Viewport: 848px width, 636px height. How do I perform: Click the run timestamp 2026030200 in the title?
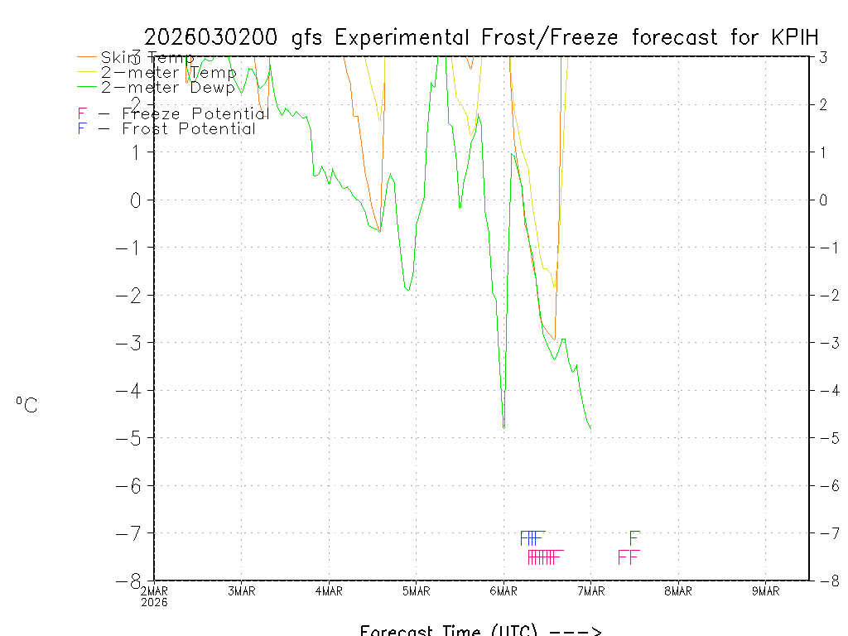coord(214,37)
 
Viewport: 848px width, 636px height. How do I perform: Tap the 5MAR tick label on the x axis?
coord(416,591)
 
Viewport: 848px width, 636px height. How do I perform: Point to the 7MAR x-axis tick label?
coord(590,591)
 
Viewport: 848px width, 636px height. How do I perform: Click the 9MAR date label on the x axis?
coord(765,591)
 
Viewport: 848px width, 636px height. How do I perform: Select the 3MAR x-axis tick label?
coord(241,591)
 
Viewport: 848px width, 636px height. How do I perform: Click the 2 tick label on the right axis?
coord(823,104)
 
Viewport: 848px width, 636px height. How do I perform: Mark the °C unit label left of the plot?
coord(26,405)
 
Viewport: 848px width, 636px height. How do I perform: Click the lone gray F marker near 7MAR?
coord(634,537)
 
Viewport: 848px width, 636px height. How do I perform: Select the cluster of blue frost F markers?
coord(532,537)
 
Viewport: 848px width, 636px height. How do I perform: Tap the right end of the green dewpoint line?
coord(590,428)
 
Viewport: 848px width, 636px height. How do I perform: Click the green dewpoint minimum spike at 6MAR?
coord(503,426)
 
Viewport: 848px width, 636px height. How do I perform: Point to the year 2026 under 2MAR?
coord(154,603)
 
